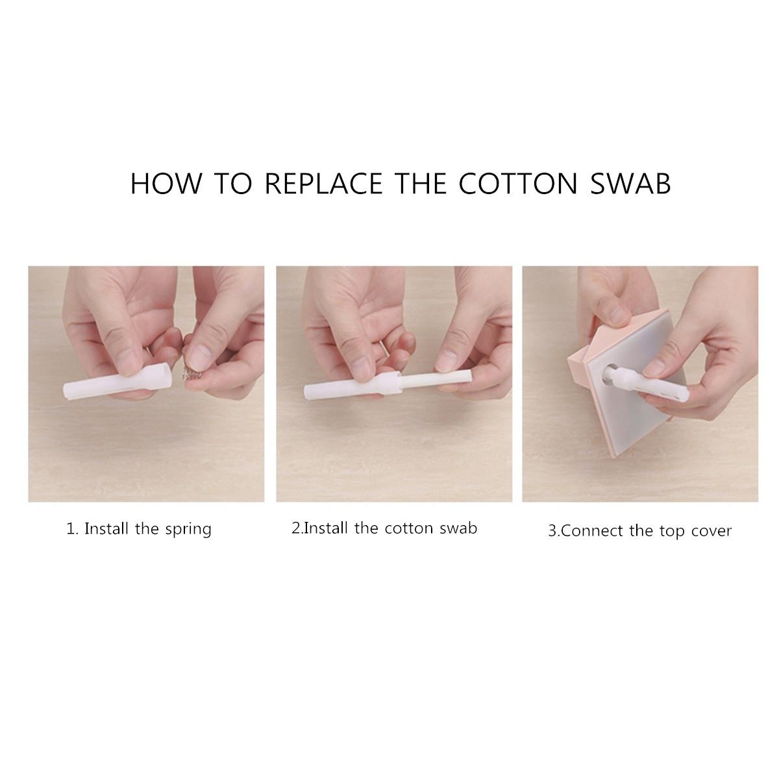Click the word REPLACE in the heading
click(323, 184)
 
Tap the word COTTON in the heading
click(518, 184)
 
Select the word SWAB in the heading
click(630, 184)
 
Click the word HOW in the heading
click(166, 184)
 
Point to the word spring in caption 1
click(188, 530)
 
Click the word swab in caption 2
click(458, 528)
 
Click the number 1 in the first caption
click(71, 529)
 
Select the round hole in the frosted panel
click(611, 373)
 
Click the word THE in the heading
click(421, 184)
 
